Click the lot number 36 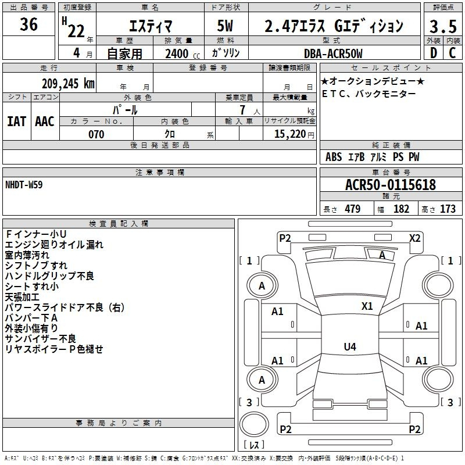(x=28, y=24)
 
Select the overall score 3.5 (x=443, y=26)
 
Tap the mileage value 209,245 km (x=68, y=84)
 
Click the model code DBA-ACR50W (x=333, y=53)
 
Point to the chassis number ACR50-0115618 (x=391, y=185)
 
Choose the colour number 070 (x=96, y=134)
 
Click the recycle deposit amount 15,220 (x=290, y=134)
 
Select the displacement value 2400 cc (x=183, y=53)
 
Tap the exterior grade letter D (x=434, y=53)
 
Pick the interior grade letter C (x=453, y=53)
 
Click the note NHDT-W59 (x=24, y=185)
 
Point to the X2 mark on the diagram (x=414, y=238)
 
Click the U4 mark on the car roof (x=350, y=346)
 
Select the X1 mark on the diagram (x=367, y=306)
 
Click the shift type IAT (x=17, y=121)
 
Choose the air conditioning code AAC (x=45, y=121)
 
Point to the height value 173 (x=448, y=209)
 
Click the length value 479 (x=353, y=209)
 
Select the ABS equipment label (x=334, y=156)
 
